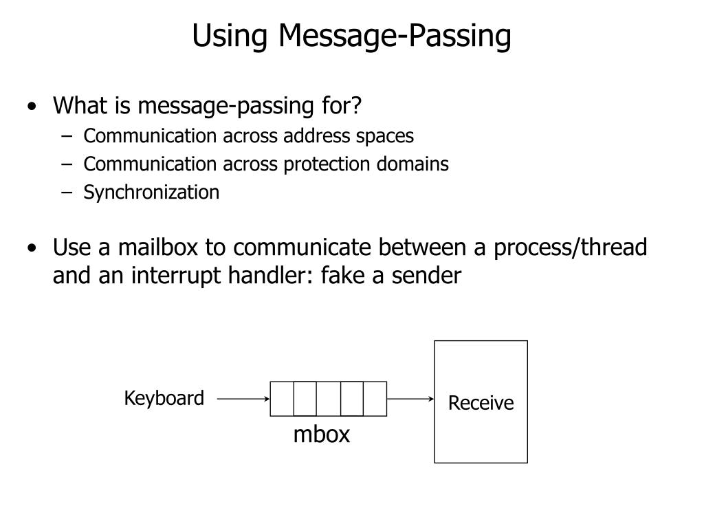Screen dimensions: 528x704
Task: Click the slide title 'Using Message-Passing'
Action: tap(351, 36)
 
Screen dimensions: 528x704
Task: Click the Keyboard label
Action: tap(164, 398)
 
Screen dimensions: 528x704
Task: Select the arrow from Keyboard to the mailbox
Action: tap(243, 398)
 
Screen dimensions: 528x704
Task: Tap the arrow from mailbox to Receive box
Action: tap(410, 398)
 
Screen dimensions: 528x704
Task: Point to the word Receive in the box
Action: tap(481, 403)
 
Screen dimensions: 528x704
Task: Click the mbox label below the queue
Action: tap(322, 434)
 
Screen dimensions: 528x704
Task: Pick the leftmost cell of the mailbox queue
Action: tap(282, 399)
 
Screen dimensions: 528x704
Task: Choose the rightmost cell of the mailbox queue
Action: tap(375, 399)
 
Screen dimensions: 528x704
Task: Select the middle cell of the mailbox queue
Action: tap(328, 399)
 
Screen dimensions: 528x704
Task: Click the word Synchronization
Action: tap(151, 192)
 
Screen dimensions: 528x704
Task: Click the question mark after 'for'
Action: tap(355, 106)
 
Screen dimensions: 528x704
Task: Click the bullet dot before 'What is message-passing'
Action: tap(34, 107)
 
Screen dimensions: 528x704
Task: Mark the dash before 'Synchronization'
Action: tap(66, 192)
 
